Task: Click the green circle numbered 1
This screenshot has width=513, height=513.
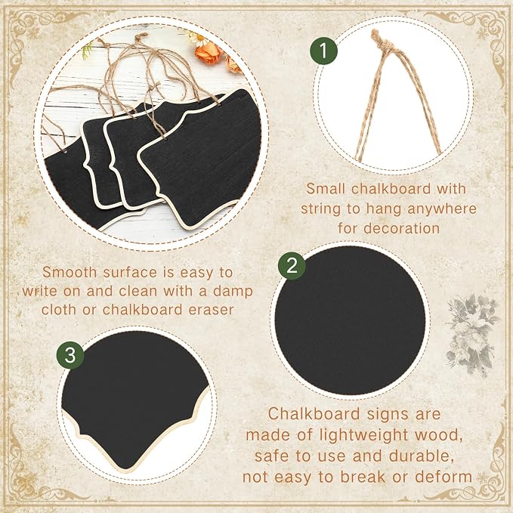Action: pos(323,51)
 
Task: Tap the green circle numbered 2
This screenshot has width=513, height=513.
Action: pos(292,265)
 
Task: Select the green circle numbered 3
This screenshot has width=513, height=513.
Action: pos(70,355)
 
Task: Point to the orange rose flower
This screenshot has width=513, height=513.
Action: pos(209,54)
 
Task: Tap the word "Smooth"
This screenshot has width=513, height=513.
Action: pos(70,272)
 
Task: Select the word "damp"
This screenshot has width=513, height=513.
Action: pos(233,292)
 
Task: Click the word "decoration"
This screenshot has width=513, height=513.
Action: pos(402,228)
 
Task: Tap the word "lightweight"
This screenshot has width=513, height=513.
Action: pos(363,435)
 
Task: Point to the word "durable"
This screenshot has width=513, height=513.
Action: pos(420,456)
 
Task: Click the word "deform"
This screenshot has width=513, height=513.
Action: pos(443,476)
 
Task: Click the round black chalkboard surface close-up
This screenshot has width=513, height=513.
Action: pos(350,320)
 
